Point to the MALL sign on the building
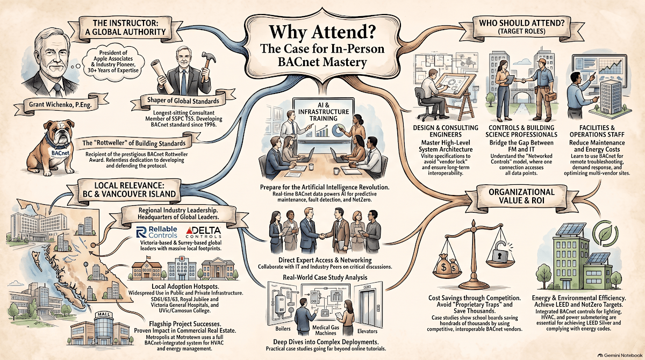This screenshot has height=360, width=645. pyautogui.click(x=103, y=314)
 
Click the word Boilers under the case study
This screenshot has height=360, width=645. pyautogui.click(x=283, y=328)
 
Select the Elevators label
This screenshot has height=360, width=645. pyautogui.click(x=367, y=331)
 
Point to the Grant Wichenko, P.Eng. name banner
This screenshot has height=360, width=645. pyautogui.click(x=60, y=104)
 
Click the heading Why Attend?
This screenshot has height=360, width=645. pyautogui.click(x=322, y=32)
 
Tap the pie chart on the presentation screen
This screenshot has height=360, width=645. pyautogui.click(x=338, y=130)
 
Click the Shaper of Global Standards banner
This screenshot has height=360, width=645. pyautogui.click(x=183, y=100)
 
